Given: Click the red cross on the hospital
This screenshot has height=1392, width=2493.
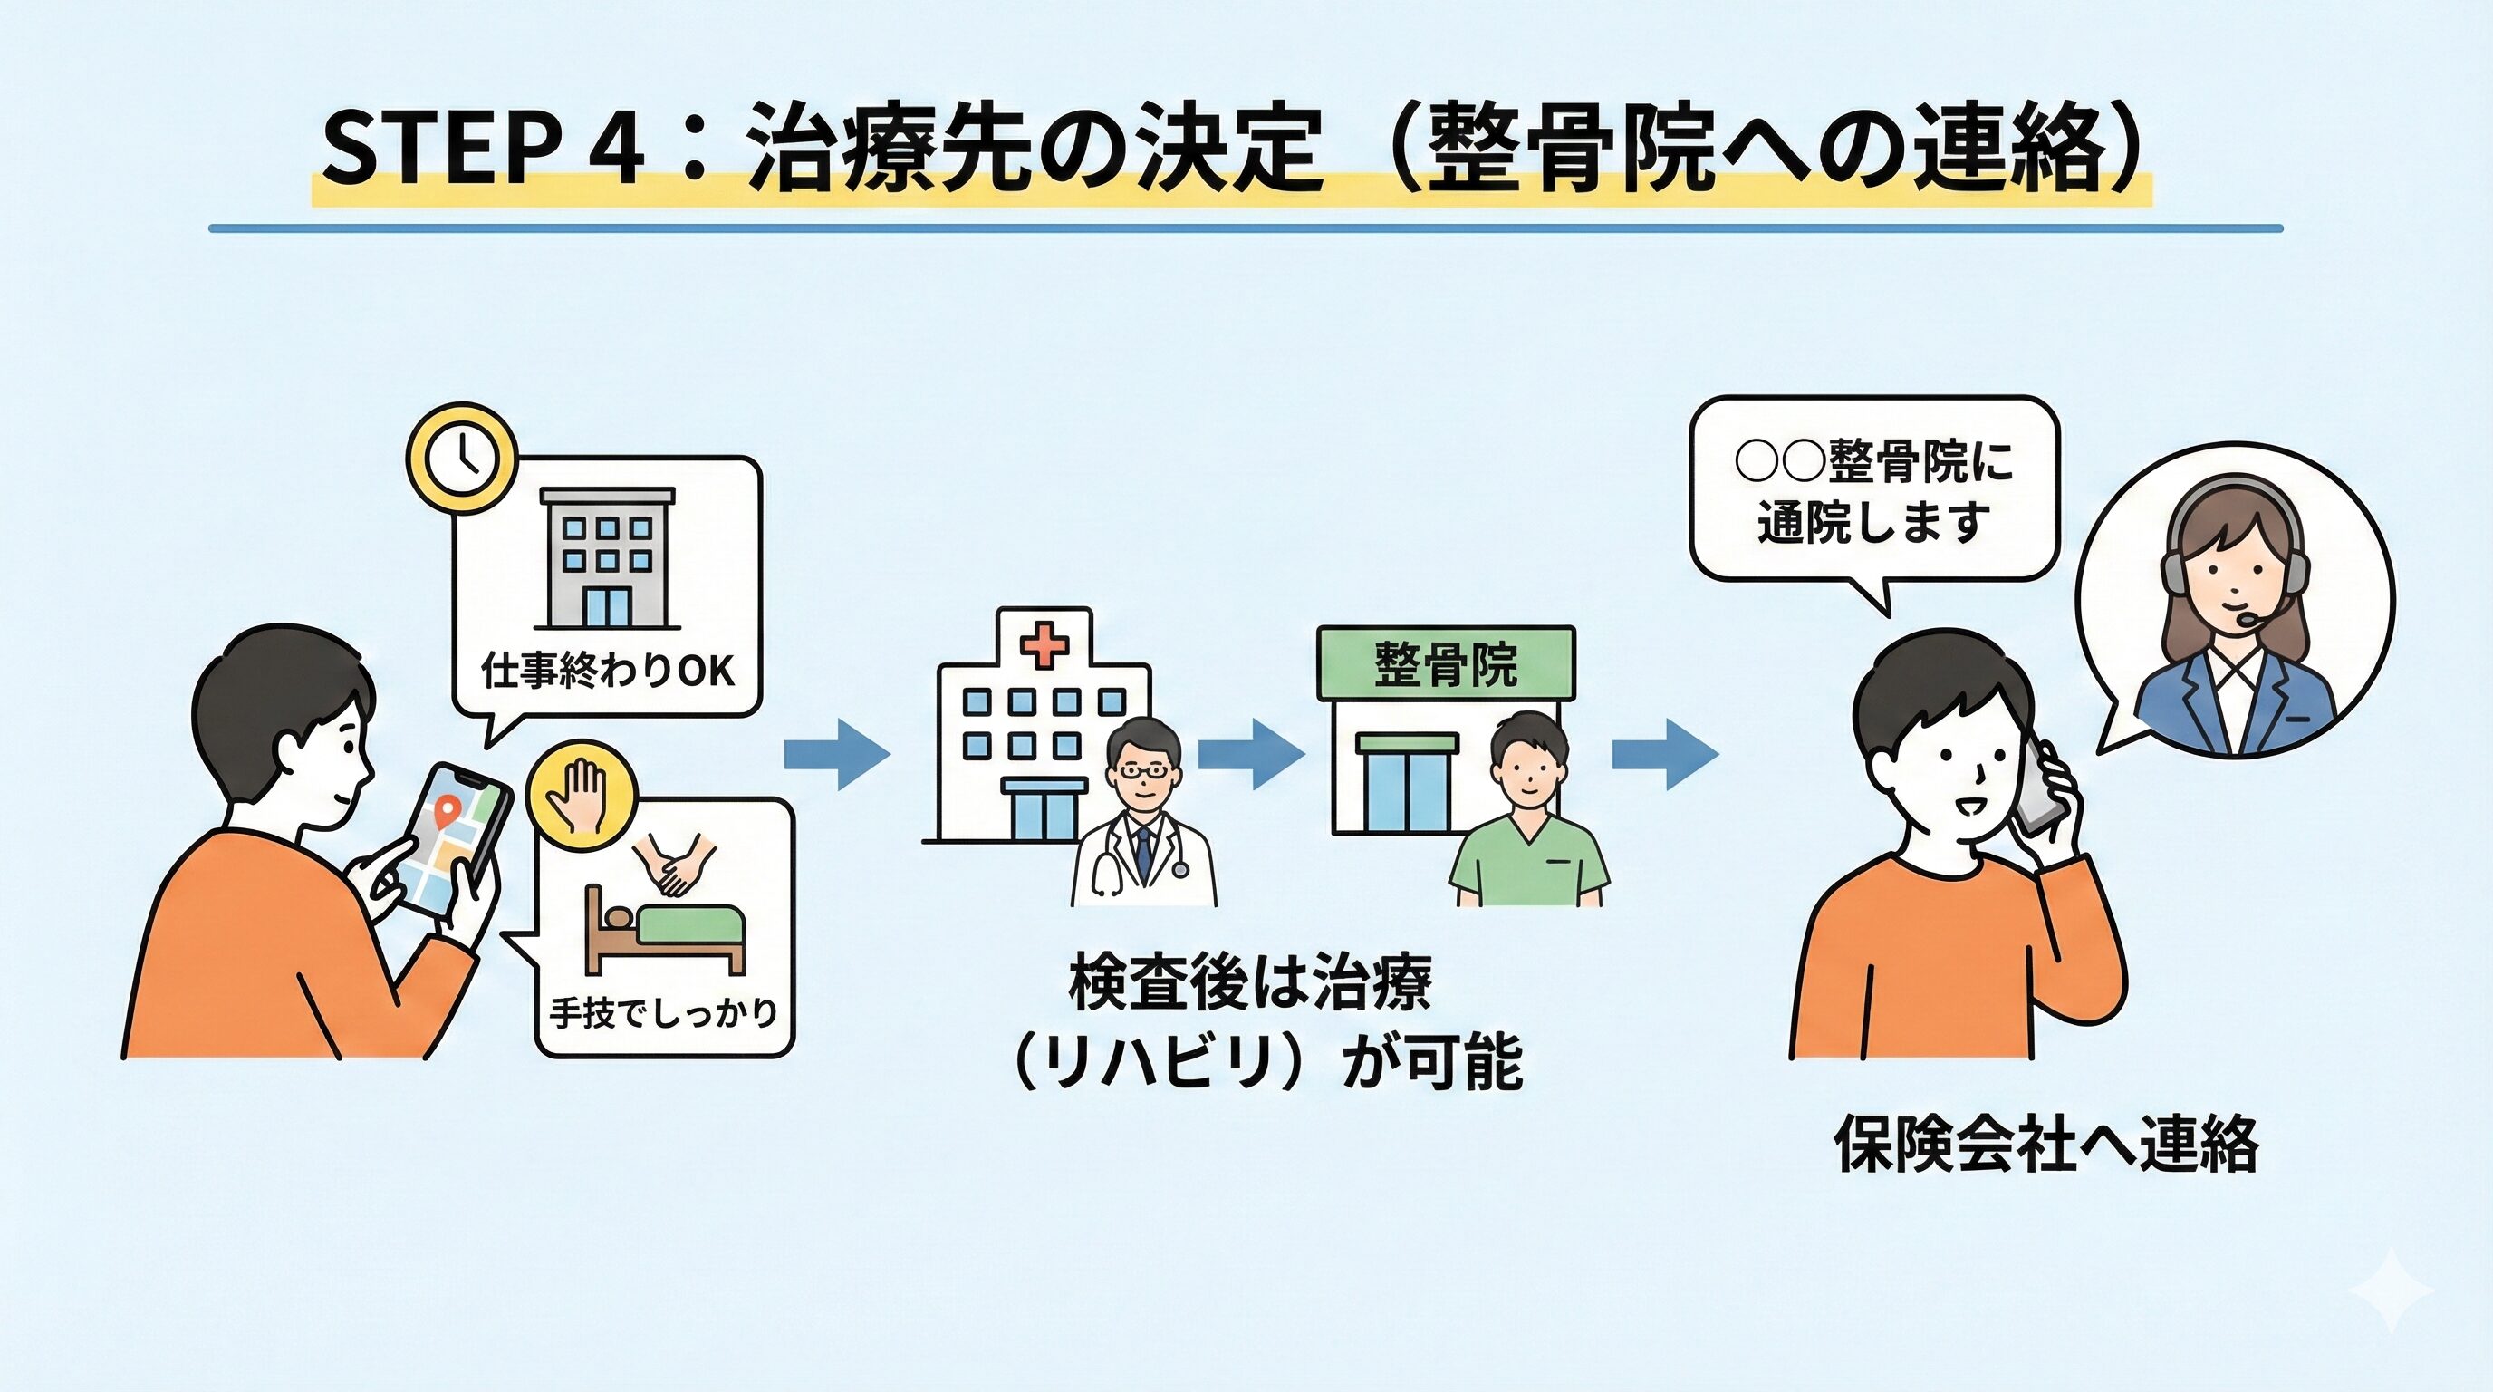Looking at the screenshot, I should (x=1045, y=643).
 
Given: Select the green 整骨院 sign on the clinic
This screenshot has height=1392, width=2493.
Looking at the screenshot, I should (x=1446, y=664).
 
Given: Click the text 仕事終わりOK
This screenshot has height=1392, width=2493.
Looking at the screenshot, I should (x=608, y=671).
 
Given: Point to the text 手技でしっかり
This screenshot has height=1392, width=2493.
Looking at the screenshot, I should (x=664, y=1012).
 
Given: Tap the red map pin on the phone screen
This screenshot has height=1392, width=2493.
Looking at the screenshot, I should (x=446, y=809).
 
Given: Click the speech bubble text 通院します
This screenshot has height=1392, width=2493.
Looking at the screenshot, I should (x=1873, y=523).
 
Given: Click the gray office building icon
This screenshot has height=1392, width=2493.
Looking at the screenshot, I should (x=608, y=557).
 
